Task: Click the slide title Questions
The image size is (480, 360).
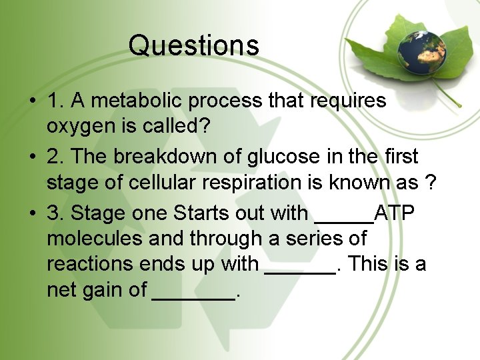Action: point(193,45)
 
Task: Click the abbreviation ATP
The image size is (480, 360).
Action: point(395,213)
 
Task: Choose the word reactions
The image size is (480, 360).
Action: point(90,265)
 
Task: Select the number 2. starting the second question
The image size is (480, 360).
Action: point(55,157)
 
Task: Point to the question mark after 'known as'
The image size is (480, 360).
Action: point(430,183)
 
